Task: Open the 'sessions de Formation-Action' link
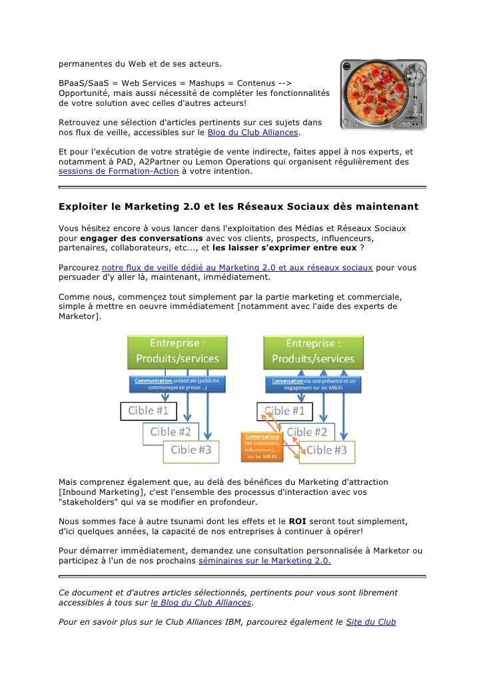[118, 171]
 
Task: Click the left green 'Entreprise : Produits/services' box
[177, 351]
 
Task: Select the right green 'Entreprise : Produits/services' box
[314, 351]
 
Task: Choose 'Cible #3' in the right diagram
[326, 450]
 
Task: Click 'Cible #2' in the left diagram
[171, 432]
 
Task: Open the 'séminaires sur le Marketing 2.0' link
[264, 561]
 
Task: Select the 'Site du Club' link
[370, 622]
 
